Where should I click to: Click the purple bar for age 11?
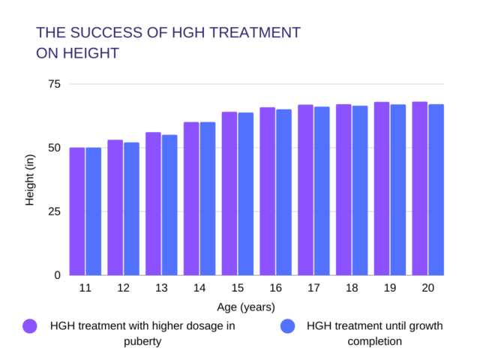[x=77, y=211]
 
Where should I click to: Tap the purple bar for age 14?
[x=191, y=199]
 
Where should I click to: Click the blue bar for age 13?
[x=169, y=205]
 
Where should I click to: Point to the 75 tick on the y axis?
[x=54, y=83]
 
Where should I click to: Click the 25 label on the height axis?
[x=54, y=211]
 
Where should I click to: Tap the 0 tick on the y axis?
[x=57, y=275]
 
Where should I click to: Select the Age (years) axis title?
[x=246, y=307]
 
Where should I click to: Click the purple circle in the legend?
[x=30, y=326]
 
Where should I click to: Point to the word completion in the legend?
[x=374, y=341]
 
